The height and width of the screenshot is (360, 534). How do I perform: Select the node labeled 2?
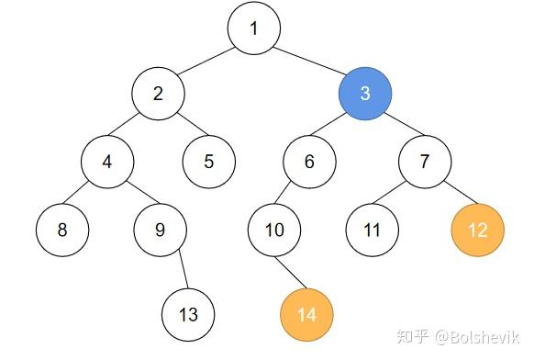(158, 94)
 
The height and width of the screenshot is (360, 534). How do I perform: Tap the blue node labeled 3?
(365, 94)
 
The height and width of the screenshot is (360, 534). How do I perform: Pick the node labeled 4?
(107, 162)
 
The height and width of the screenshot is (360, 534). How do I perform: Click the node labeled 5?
(209, 162)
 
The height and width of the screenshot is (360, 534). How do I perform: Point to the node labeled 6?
(309, 162)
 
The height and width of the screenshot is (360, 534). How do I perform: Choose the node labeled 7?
(425, 162)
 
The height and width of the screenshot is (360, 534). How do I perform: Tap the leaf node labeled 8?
(62, 229)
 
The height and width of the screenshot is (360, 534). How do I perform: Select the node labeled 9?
(160, 229)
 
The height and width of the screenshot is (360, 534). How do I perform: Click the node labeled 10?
(275, 229)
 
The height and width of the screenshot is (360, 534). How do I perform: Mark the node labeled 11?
(373, 229)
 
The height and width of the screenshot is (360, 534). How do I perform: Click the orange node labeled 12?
(478, 229)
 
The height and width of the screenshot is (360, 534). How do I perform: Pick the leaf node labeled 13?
(188, 315)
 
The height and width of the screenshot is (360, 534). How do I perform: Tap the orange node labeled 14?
(306, 315)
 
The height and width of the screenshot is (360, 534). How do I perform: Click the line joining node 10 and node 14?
(291, 272)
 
